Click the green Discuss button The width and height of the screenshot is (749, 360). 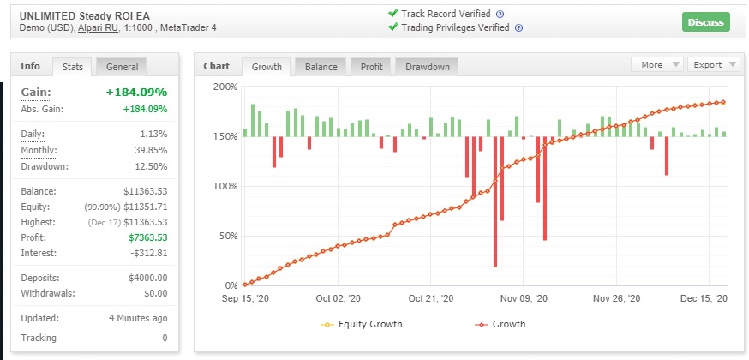[x=705, y=22]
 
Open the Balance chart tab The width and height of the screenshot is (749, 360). [x=321, y=67]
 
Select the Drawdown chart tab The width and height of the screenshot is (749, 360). [x=428, y=67]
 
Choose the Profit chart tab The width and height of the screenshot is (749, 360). [x=372, y=67]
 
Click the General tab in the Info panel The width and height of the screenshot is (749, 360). [x=122, y=67]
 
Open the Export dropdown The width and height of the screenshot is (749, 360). [x=713, y=65]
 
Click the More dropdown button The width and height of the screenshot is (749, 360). [x=657, y=65]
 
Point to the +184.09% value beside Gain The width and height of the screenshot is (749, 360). [x=136, y=92]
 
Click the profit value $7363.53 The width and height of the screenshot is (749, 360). [x=148, y=237]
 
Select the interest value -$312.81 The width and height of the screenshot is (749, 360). [x=148, y=253]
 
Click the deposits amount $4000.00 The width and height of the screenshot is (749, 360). [x=148, y=278]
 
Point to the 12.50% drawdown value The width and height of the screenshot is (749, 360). [x=152, y=166]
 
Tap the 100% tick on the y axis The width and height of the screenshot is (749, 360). [x=225, y=186]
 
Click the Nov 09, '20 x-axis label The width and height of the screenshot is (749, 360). [x=524, y=299]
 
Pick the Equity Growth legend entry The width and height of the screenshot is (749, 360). [x=362, y=324]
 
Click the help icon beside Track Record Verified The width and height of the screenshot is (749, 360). [x=500, y=15]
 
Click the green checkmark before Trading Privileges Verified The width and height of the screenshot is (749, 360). [x=393, y=27]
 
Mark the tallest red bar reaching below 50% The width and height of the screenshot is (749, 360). [x=495, y=202]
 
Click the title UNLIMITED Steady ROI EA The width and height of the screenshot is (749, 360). [x=85, y=15]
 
